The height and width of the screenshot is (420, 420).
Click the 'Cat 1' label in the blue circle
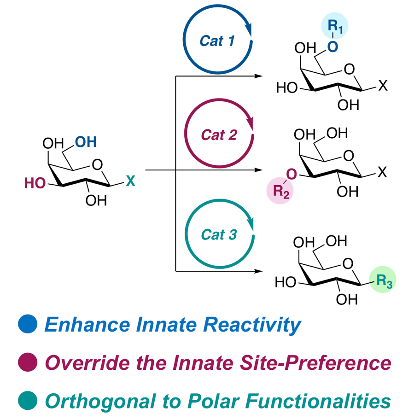click(217, 41)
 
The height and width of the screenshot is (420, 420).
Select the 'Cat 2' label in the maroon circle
click(219, 135)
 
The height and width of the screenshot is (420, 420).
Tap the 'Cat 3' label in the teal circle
click(219, 235)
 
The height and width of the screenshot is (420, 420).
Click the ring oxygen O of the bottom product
click(349, 263)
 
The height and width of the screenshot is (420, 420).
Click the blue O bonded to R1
click(333, 46)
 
